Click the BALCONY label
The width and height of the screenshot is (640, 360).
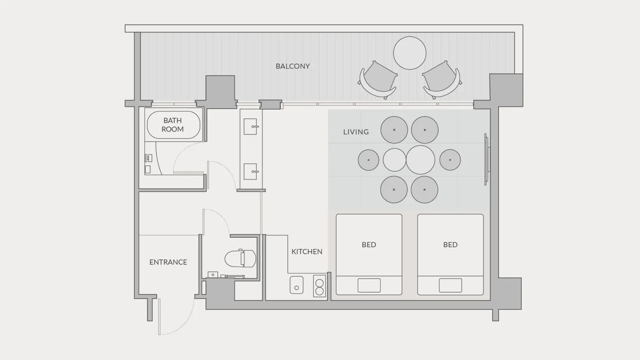coord(293,66)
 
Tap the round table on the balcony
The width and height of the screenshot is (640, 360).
coord(409,53)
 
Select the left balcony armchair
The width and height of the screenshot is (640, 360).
coord(378,80)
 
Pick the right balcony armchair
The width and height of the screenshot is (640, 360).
coord(442,80)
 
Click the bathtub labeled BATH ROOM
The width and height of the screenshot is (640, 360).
coord(174,125)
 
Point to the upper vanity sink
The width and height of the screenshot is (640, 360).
coord(251,126)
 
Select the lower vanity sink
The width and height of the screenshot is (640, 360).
coord(251,171)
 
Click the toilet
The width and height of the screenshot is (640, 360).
coord(240,259)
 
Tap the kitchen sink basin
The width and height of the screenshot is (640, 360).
coord(297,285)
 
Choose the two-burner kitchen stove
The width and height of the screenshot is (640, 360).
coord(320,286)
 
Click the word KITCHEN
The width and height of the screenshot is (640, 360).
coord(307,251)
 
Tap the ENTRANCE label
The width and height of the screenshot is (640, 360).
coord(168,262)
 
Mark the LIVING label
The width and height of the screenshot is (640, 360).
coord(356,132)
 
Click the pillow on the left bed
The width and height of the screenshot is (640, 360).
coord(369,285)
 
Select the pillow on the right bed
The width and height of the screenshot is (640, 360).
coord(450,285)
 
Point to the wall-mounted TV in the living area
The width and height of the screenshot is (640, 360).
coord(487,159)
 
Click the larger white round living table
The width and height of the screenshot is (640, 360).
coord(420,160)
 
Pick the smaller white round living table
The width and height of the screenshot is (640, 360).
coord(394,160)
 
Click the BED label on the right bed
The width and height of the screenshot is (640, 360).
coord(450,245)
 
